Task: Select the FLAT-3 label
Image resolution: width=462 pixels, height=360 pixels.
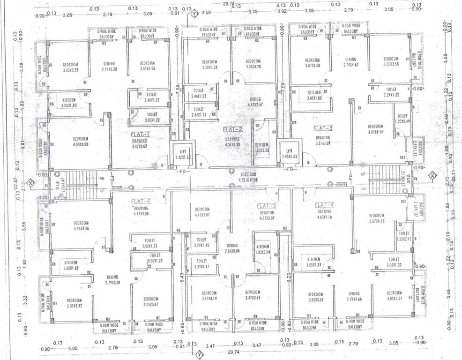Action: [x=323, y=128]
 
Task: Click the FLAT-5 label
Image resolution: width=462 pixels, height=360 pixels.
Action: [x=267, y=206]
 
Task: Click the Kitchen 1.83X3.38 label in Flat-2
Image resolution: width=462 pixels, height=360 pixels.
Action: [x=262, y=148]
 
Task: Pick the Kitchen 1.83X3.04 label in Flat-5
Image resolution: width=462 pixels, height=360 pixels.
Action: [x=262, y=249]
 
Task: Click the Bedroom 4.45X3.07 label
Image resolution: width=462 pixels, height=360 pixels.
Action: [x=202, y=212]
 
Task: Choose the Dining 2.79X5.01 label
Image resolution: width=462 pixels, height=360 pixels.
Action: [x=112, y=280]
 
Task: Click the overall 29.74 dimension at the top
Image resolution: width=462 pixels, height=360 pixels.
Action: [x=229, y=3]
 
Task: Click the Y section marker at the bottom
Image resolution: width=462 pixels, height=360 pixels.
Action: [x=199, y=353]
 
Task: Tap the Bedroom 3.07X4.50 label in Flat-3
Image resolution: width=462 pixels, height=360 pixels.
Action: [x=375, y=129]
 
